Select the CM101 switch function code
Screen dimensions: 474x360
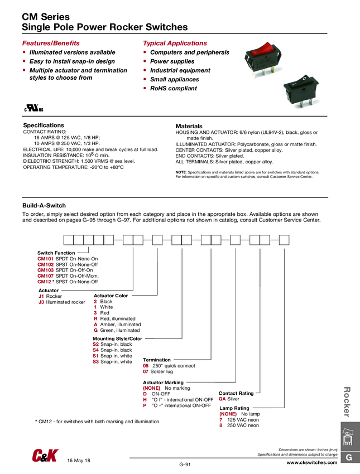click(46, 259)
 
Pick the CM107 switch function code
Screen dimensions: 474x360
click(46, 276)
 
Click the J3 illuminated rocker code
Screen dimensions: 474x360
click(41, 302)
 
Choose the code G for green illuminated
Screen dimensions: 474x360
click(96, 330)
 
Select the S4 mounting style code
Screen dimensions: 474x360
click(96, 350)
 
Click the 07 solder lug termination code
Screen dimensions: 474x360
click(146, 371)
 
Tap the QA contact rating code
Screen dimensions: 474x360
click(222, 399)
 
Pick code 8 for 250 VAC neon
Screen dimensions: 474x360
click(221, 425)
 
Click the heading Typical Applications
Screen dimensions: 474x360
click(175, 43)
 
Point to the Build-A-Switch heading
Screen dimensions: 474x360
click(44, 206)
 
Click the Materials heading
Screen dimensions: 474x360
click(189, 126)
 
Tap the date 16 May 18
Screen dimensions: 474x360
click(79, 460)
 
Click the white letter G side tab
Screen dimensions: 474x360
click(349, 458)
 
